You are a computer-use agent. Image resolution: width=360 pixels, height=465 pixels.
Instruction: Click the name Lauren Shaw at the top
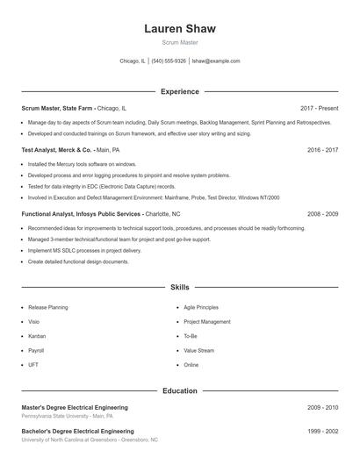pyautogui.click(x=179, y=29)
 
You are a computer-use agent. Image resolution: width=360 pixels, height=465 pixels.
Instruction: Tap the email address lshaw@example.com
pyautogui.click(x=215, y=61)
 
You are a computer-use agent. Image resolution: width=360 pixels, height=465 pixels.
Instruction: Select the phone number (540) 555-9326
pyautogui.click(x=169, y=61)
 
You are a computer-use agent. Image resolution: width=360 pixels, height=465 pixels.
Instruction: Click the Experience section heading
pyautogui.click(x=179, y=91)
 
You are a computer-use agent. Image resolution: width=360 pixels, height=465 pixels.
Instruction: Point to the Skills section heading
pyautogui.click(x=179, y=287)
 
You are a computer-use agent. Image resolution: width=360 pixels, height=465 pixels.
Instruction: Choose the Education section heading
pyautogui.click(x=179, y=390)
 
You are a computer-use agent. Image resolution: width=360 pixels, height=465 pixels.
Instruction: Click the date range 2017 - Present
pyautogui.click(x=319, y=108)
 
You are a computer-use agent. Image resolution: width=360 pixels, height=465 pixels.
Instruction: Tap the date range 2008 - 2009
pyautogui.click(x=322, y=213)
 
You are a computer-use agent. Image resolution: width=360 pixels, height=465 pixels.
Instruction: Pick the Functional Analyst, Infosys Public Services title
pyautogui.click(x=82, y=213)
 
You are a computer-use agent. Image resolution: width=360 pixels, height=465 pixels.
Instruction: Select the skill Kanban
pyautogui.click(x=37, y=336)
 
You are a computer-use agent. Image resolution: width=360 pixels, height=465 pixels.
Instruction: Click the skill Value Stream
pyautogui.click(x=198, y=350)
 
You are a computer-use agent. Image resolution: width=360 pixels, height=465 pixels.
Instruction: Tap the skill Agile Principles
pyautogui.click(x=201, y=308)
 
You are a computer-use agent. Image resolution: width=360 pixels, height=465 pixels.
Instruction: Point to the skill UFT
pyautogui.click(x=33, y=364)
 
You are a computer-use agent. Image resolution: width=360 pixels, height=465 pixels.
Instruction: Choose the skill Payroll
pyautogui.click(x=37, y=350)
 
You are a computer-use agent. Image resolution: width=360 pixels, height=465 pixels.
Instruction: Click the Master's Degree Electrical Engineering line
pyautogui.click(x=75, y=407)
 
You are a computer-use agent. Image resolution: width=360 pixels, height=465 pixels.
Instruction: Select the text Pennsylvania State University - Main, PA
pyautogui.click(x=65, y=416)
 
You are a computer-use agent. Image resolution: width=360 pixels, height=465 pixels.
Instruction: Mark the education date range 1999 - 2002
pyautogui.click(x=322, y=432)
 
